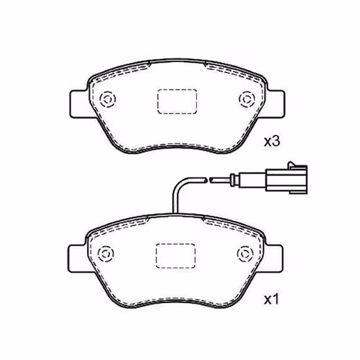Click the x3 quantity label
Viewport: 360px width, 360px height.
tap(272, 141)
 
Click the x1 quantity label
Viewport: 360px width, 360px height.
tap(271, 300)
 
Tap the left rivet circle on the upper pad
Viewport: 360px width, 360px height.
tap(108, 99)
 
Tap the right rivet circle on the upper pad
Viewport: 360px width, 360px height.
tap(247, 99)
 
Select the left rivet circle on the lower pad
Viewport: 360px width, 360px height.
tap(106, 254)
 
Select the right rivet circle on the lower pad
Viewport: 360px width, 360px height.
tap(245, 254)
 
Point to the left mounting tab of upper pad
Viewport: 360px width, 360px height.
tap(79, 104)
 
